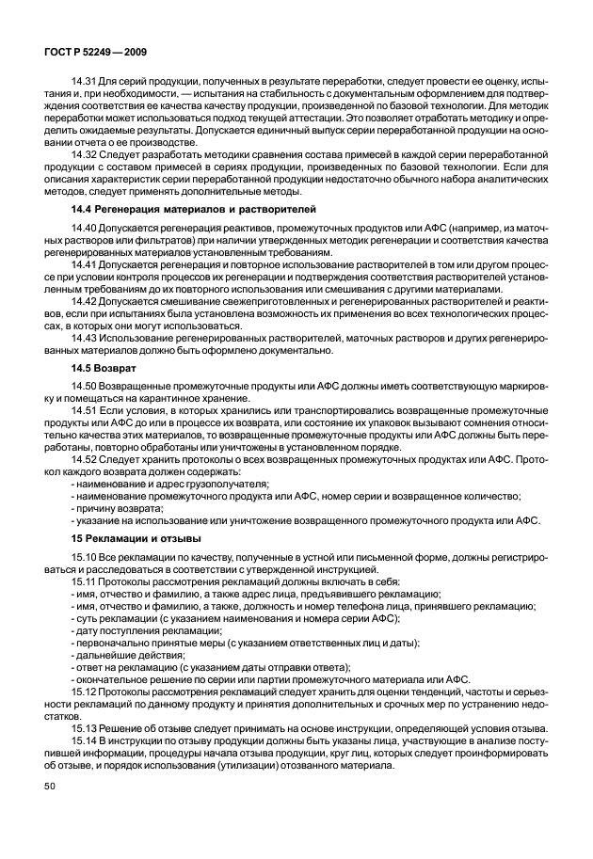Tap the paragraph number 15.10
pyautogui.click(x=84, y=560)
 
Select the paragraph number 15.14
pyautogui.click(x=84, y=740)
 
